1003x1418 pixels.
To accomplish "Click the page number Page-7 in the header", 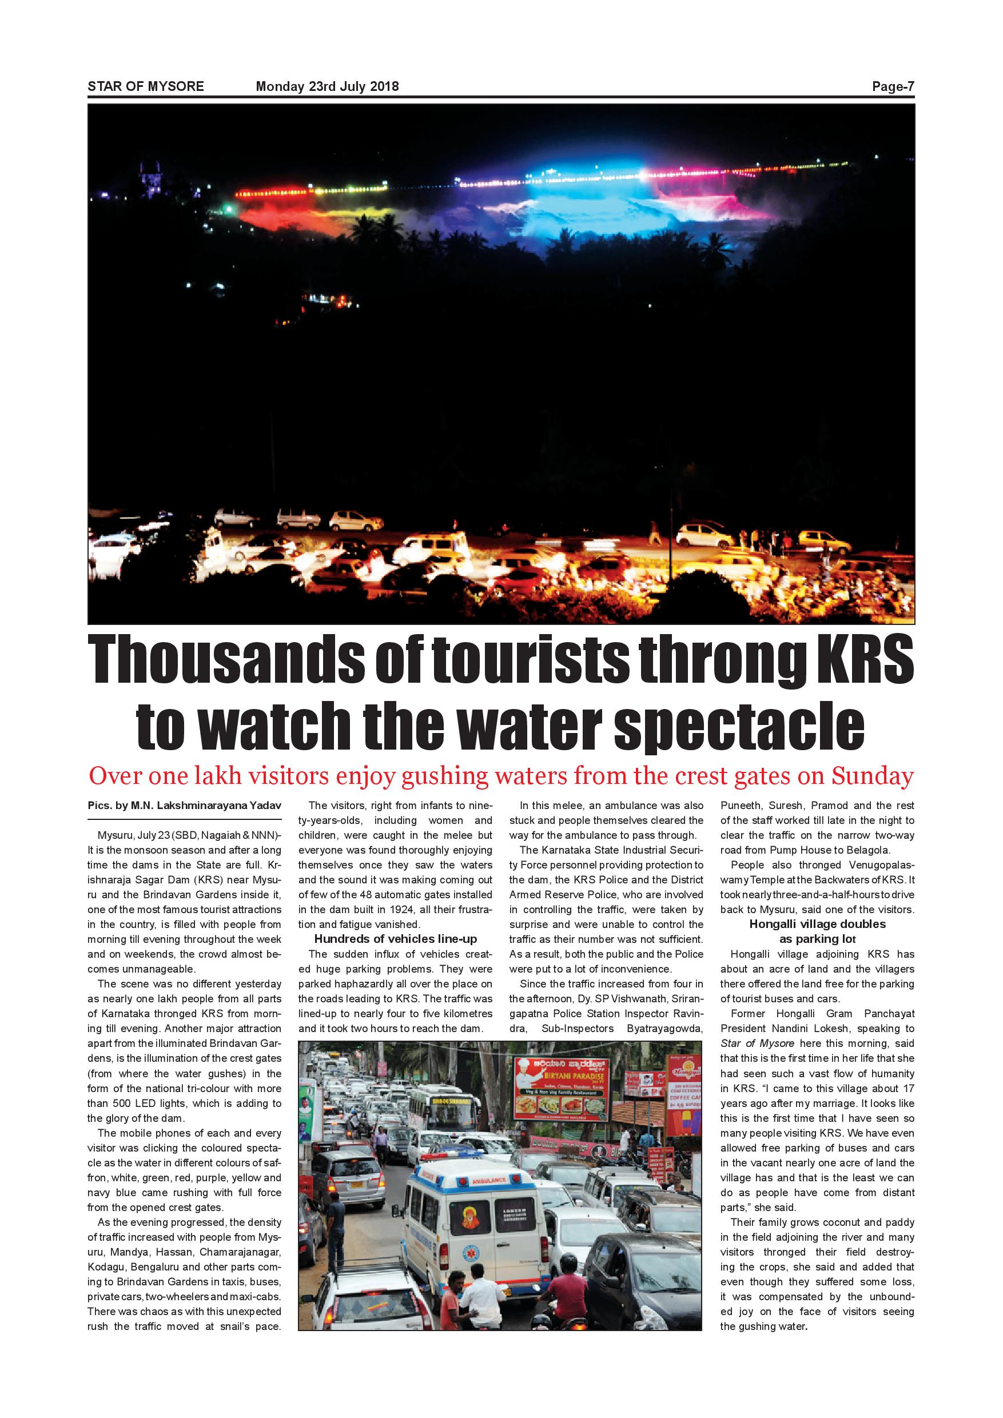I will [x=893, y=86].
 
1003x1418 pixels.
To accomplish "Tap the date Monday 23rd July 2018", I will [x=327, y=86].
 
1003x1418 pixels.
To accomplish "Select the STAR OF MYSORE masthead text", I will [x=146, y=86].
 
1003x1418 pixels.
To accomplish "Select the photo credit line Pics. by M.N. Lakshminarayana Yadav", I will [x=185, y=806].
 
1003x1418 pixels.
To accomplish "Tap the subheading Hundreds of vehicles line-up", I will [x=395, y=939].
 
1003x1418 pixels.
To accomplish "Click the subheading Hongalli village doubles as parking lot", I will [x=817, y=931].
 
